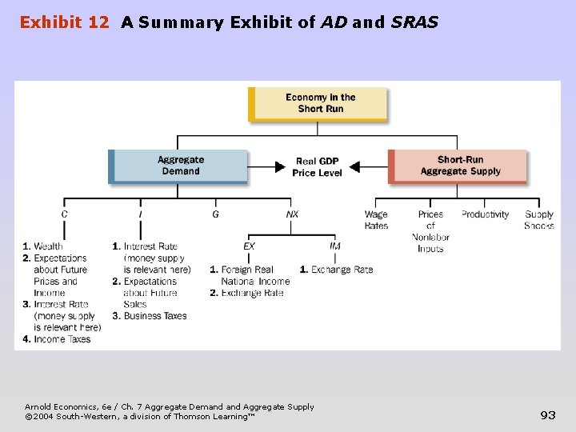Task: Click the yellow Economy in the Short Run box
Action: coord(319,103)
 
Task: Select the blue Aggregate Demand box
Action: coord(180,166)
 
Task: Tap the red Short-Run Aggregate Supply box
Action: coord(459,166)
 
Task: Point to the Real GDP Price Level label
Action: coord(317,166)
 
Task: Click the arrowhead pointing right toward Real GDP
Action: coord(279,167)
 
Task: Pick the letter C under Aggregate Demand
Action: coord(65,214)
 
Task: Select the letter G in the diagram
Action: coord(215,214)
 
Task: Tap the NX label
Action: coord(292,214)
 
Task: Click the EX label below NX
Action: coord(250,246)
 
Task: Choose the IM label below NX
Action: coord(335,246)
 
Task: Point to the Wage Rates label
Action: coord(376,220)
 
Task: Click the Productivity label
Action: coord(485,214)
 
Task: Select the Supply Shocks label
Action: coord(539,220)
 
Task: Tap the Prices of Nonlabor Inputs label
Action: coord(430,231)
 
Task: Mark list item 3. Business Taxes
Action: coord(150,316)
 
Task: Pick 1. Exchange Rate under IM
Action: coord(336,270)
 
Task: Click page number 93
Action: coord(548,414)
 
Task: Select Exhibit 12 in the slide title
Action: coord(64,22)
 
